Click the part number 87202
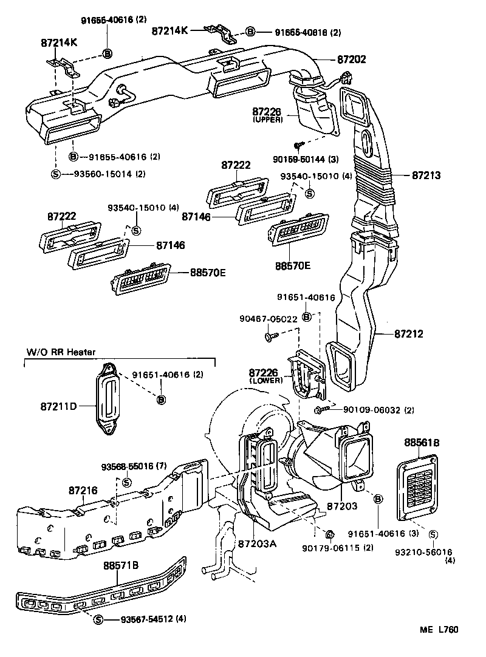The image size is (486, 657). [x=352, y=60]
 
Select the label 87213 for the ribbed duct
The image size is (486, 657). [x=426, y=175]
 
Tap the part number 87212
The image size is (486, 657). [x=408, y=334]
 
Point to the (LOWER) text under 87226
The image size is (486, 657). [x=266, y=381]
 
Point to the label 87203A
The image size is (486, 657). [x=258, y=543]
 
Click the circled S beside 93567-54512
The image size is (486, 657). [x=99, y=619]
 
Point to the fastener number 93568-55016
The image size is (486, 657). [x=135, y=466]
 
